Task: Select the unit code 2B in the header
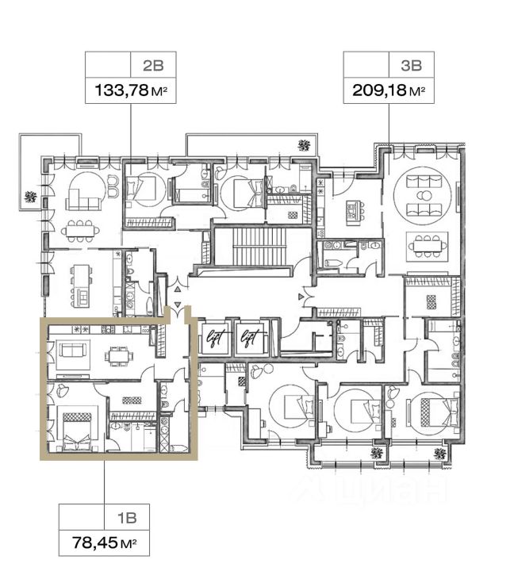(152, 63)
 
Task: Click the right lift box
(251, 337)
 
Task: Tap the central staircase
(250, 248)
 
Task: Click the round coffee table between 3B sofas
(426, 197)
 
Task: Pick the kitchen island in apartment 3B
(352, 212)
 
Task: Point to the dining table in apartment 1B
(120, 354)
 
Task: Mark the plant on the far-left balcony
(30, 195)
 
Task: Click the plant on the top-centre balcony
(303, 144)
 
